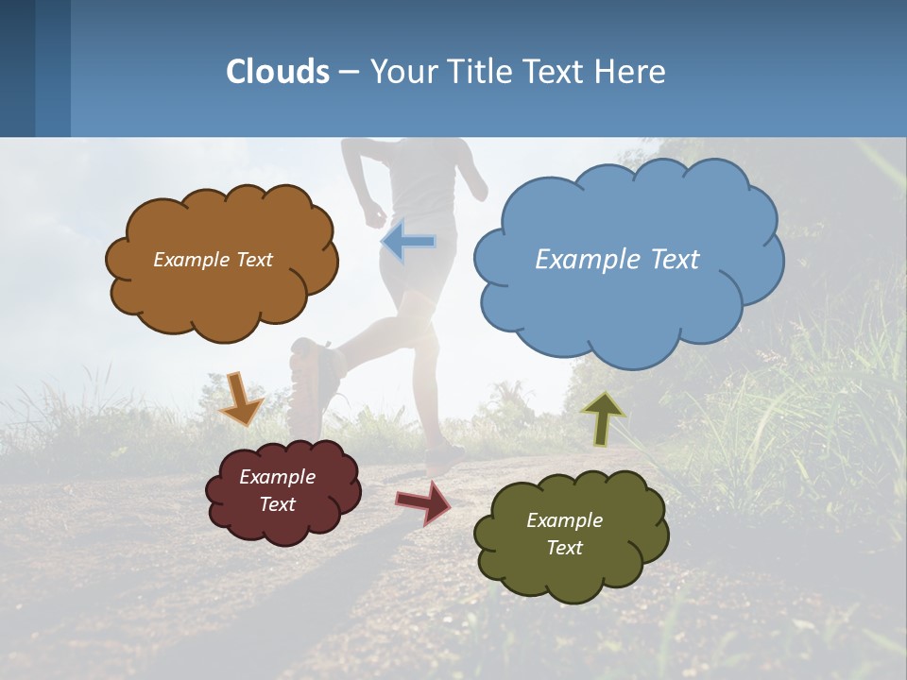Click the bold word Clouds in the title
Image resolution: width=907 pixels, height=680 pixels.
(277, 72)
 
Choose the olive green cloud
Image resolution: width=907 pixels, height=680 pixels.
(571, 567)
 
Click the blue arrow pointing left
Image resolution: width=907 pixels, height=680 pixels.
(408, 243)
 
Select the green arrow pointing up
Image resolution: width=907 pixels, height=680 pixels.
(602, 418)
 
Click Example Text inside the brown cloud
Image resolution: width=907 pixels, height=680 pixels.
(213, 260)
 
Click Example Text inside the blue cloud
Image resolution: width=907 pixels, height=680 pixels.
(617, 260)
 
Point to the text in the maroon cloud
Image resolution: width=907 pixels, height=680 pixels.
(277, 490)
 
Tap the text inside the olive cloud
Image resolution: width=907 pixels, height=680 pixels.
(564, 534)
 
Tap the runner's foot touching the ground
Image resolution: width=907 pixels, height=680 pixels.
(444, 460)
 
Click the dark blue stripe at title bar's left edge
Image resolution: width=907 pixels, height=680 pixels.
(17, 68)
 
